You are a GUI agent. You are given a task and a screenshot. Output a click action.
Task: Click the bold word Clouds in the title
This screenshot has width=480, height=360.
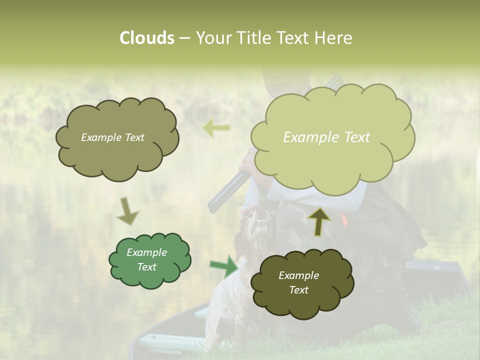click(146, 38)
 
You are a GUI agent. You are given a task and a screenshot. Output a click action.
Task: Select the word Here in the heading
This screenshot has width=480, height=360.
click(333, 38)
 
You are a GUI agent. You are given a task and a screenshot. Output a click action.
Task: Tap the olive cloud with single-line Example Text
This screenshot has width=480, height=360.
click(117, 138)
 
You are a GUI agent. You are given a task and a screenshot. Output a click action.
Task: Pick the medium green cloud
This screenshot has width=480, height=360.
click(149, 260)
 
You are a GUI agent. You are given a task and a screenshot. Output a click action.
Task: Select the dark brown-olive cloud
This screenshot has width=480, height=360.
click(302, 283)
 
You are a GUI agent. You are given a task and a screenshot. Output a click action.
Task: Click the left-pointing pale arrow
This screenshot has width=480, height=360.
click(216, 128)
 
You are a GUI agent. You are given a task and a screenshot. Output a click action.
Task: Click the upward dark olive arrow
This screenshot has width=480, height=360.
click(319, 220)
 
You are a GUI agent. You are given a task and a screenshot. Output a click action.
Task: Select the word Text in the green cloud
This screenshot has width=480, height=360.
click(147, 267)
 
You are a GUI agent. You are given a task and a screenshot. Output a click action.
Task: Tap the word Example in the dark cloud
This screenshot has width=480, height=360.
click(298, 275)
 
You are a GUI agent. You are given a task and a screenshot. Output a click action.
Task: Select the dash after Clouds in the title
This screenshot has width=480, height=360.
click(184, 38)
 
